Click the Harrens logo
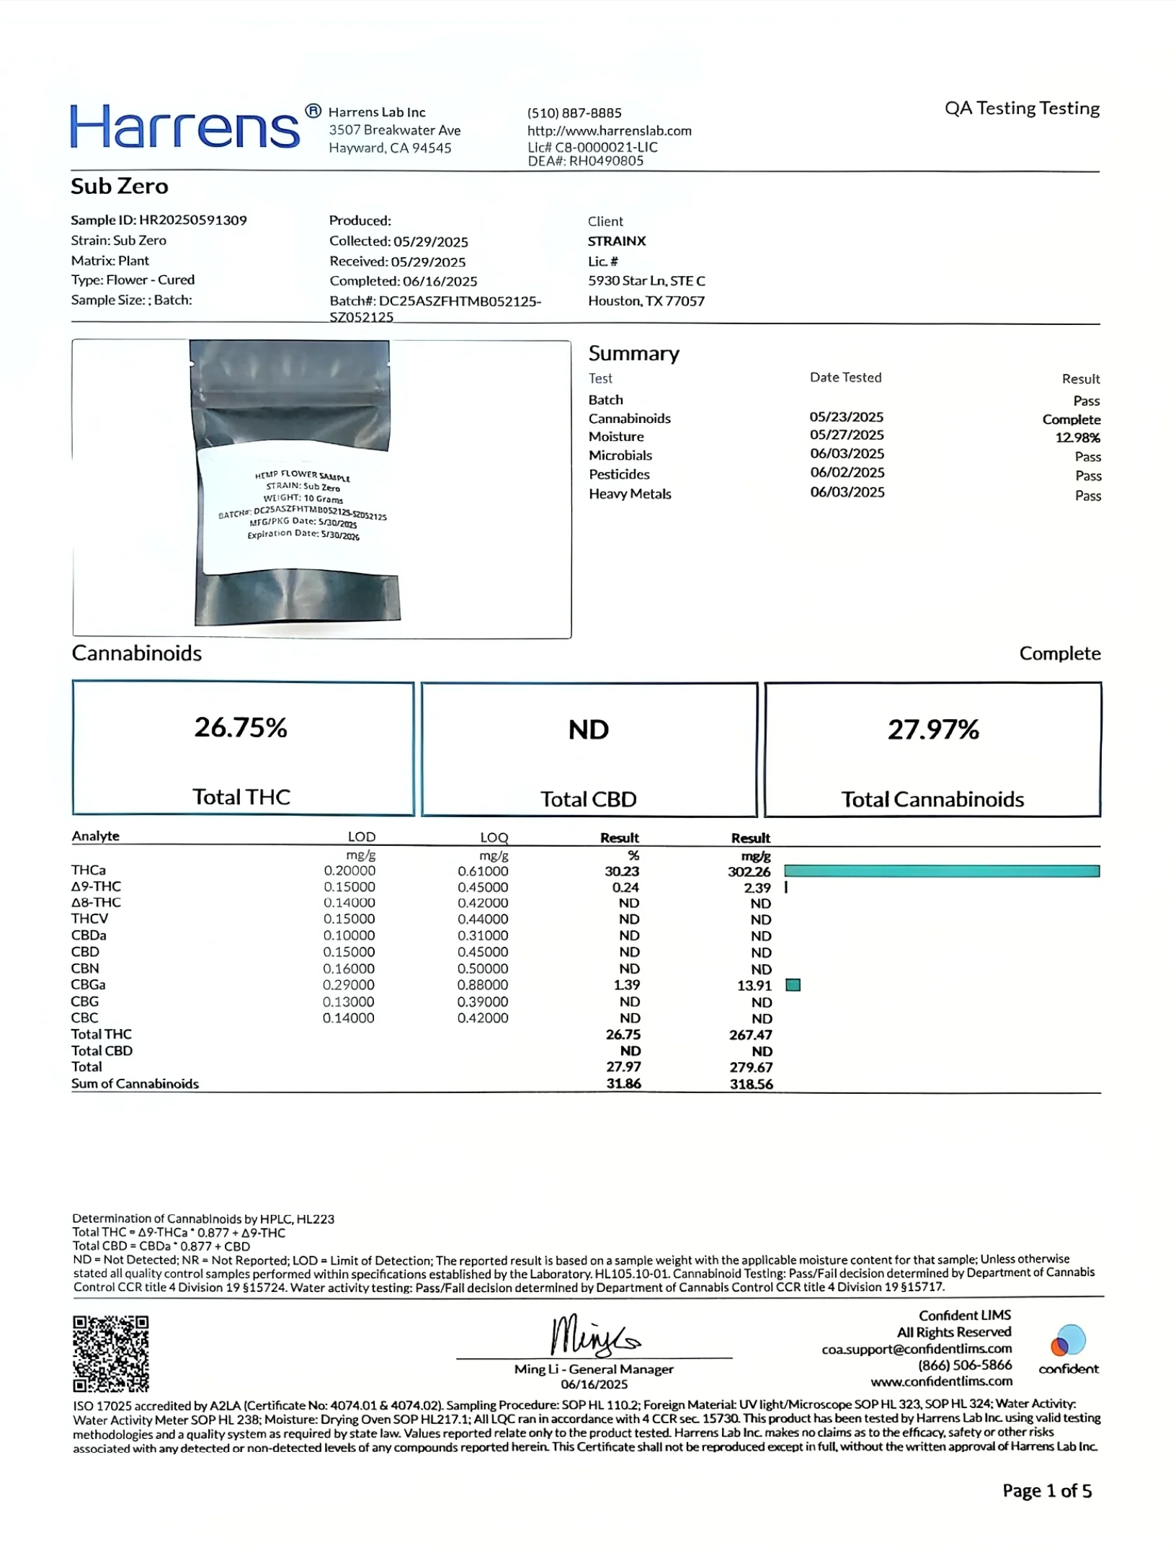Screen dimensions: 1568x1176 click(185, 127)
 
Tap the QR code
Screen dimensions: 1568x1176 click(110, 1353)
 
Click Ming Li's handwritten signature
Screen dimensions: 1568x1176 click(594, 1336)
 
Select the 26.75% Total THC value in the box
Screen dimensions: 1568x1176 click(241, 728)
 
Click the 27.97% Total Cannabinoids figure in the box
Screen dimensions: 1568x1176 click(932, 730)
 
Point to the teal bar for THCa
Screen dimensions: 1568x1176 click(941, 871)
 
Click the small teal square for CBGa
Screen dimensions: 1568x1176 click(793, 985)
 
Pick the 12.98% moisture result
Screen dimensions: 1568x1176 click(1077, 437)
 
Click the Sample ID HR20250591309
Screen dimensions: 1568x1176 click(192, 220)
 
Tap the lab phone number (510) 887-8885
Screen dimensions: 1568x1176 click(574, 113)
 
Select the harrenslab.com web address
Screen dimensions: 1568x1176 click(609, 131)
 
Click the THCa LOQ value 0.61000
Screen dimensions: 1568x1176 click(482, 871)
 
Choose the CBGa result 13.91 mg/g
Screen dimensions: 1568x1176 click(754, 986)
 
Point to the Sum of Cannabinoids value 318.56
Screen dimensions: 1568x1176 click(751, 1084)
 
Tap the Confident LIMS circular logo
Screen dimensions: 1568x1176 click(1068, 1341)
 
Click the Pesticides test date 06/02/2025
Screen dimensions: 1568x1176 click(847, 473)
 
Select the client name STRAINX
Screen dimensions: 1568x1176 click(616, 241)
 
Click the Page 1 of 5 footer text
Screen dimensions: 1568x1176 click(1046, 1491)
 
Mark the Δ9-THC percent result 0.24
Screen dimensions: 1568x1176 click(625, 888)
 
